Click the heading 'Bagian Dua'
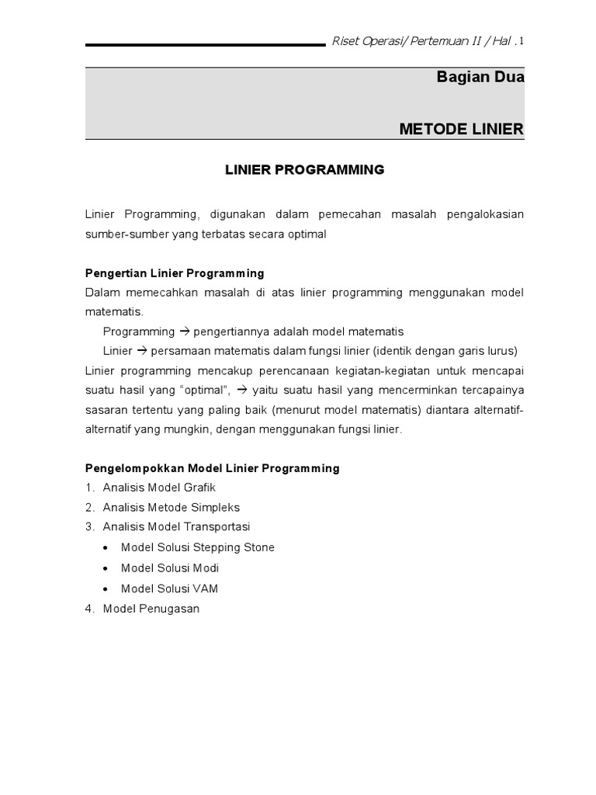coord(480,78)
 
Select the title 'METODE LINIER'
coord(462,128)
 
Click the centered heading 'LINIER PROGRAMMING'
coord(304,170)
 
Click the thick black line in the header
coord(205,45)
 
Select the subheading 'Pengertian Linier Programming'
coord(175,273)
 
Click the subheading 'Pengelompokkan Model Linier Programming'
coord(212,468)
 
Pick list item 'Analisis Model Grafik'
coord(159,488)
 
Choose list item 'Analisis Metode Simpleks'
coord(172,507)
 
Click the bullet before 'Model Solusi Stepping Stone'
coord(106,548)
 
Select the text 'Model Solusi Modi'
coord(170,568)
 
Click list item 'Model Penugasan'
coord(151,609)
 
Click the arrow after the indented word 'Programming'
coord(185,331)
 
